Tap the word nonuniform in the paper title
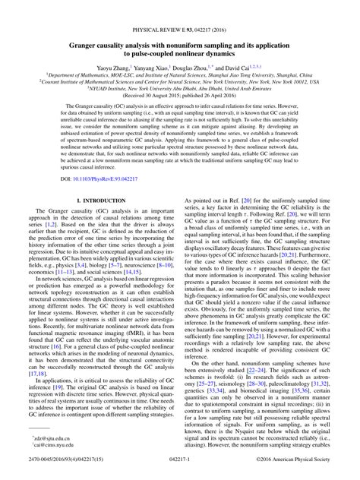[199, 45]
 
